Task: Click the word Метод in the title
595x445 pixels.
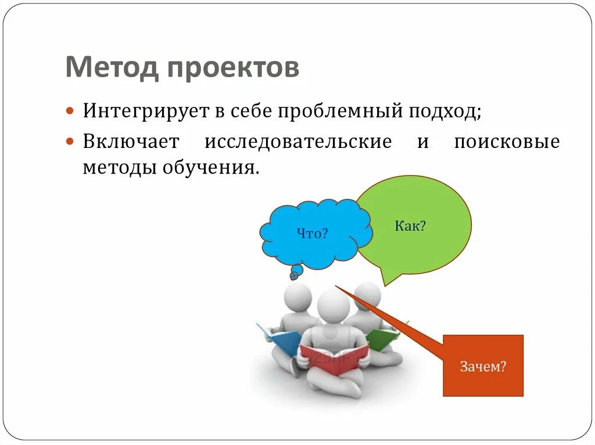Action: pos(112,68)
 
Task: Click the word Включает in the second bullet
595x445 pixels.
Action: pos(131,142)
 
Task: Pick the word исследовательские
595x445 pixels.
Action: pos(297,142)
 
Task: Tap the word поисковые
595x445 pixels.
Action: pos(507,142)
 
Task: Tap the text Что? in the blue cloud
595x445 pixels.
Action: pos(313,234)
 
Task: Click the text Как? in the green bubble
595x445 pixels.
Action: pos(410,226)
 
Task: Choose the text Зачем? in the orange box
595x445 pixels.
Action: pos(483,367)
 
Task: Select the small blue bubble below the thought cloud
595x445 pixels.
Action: pos(296,272)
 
